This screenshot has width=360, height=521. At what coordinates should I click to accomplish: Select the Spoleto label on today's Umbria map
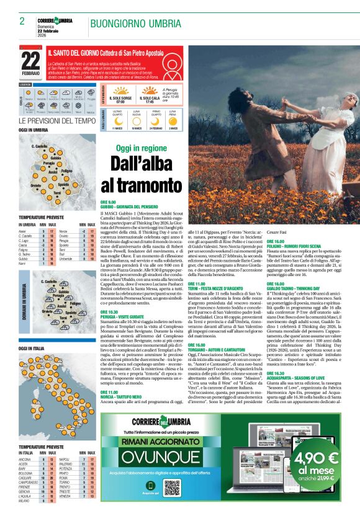click(x=63, y=185)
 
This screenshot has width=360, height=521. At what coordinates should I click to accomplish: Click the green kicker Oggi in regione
click(x=142, y=149)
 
